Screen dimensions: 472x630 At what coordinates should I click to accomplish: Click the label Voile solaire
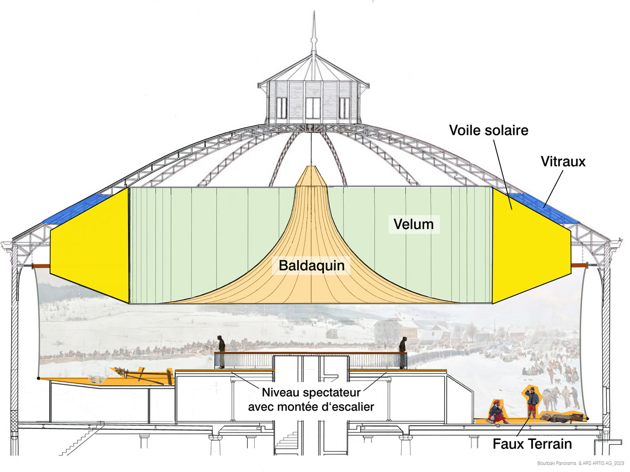(x=488, y=130)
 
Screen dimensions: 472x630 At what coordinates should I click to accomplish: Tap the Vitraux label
(x=562, y=162)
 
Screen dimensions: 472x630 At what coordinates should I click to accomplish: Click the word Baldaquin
(x=312, y=266)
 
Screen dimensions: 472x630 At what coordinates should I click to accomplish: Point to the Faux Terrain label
(x=532, y=444)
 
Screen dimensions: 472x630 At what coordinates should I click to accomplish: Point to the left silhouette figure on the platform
(x=222, y=351)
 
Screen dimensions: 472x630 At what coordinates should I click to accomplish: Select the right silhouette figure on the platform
(x=403, y=351)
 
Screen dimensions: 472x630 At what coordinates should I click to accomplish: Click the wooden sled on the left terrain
(x=142, y=375)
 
